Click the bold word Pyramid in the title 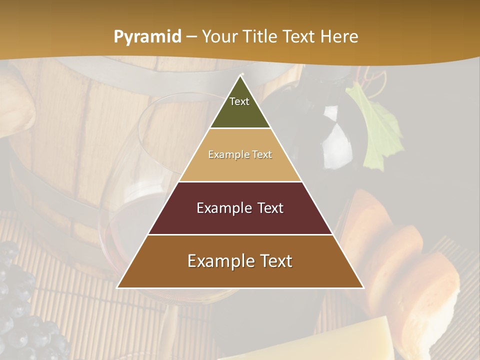[147, 37]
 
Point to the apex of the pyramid [241, 75]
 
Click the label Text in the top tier [239, 101]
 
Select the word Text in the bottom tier [273, 261]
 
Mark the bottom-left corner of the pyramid [117, 287]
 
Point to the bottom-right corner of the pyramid [363, 287]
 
